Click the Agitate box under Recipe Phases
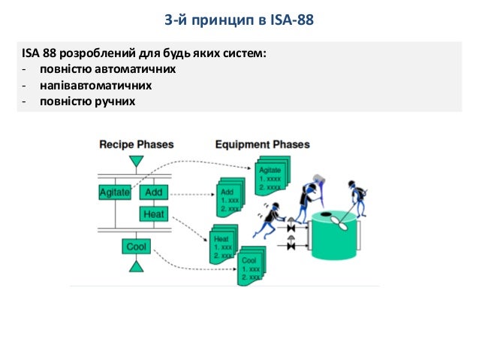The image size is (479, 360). (115, 192)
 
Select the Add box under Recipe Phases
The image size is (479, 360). (153, 192)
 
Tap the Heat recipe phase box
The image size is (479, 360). (153, 214)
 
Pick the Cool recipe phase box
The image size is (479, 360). (136, 247)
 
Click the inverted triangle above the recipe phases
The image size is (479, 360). (136, 162)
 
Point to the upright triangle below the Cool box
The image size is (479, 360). (136, 266)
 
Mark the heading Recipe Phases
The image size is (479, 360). (137, 144)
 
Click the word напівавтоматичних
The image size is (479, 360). (96, 85)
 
